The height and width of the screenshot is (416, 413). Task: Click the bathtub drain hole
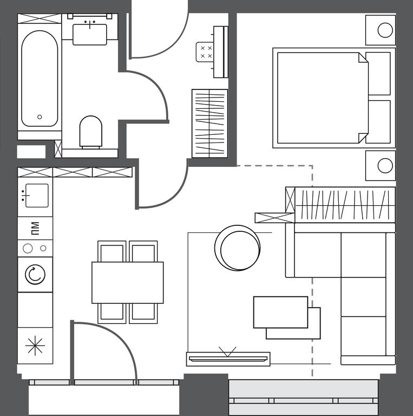click(40, 117)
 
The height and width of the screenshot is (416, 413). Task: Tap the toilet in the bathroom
click(90, 132)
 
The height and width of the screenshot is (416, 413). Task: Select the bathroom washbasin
click(90, 35)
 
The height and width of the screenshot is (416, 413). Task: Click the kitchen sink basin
click(37, 196)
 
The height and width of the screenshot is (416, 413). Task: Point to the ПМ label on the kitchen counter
click(35, 229)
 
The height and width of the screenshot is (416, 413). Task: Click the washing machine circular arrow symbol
click(35, 274)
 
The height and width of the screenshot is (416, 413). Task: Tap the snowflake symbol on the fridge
click(35, 346)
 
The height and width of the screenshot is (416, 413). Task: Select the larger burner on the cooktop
click(28, 248)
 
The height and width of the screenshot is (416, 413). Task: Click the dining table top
click(128, 283)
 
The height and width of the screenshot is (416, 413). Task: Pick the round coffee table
click(237, 248)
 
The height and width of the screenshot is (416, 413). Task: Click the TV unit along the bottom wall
click(228, 359)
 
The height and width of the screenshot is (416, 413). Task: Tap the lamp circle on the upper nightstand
click(385, 30)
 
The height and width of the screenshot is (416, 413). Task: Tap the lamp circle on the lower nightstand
click(385, 166)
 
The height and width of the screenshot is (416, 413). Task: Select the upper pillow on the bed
click(378, 74)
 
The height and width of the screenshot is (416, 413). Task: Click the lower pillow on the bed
click(378, 122)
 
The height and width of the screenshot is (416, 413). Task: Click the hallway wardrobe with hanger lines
click(209, 123)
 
